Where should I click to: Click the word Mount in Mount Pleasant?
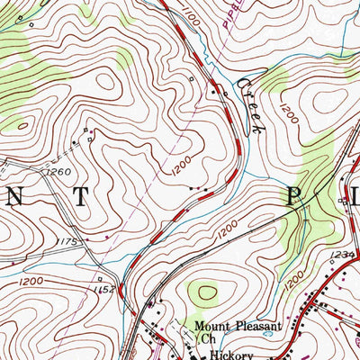click(x=215, y=328)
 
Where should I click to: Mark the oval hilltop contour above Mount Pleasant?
click(x=205, y=292)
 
